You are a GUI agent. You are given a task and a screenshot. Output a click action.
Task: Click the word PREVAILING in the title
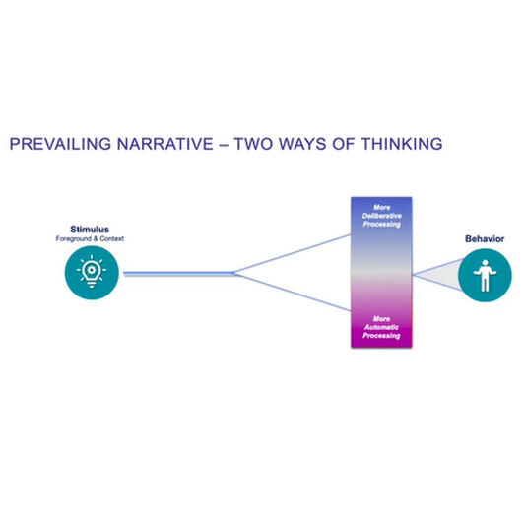click(x=60, y=144)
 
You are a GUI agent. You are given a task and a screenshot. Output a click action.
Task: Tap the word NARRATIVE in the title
click(x=165, y=144)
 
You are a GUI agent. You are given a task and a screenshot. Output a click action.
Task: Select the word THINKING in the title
click(x=402, y=144)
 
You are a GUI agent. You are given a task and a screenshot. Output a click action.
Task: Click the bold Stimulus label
click(x=90, y=230)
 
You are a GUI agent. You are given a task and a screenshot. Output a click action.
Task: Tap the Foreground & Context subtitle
click(x=90, y=238)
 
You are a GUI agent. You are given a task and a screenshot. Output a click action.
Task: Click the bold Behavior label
click(x=485, y=239)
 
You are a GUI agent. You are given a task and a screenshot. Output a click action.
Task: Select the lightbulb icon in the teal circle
click(x=92, y=271)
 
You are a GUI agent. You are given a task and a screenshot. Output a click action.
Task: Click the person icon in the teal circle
click(x=485, y=276)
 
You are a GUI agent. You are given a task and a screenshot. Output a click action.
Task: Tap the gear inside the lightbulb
click(x=91, y=270)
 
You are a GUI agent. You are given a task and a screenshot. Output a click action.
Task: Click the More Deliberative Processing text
click(x=382, y=216)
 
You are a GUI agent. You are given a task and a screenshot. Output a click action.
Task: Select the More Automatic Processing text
click(x=382, y=327)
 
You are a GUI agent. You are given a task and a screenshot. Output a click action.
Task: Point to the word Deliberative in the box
click(x=382, y=216)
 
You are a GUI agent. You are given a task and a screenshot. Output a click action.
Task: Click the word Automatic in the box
click(x=382, y=327)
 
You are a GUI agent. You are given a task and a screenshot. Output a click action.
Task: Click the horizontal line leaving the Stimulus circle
click(x=179, y=273)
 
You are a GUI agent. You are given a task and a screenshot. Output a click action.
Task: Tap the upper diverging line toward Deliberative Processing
click(x=293, y=254)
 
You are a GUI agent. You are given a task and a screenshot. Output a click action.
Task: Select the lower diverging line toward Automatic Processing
click(x=293, y=293)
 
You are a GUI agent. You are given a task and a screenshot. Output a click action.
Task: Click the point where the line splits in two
click(x=234, y=273)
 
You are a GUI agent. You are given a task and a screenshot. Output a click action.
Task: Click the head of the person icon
click(x=486, y=263)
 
